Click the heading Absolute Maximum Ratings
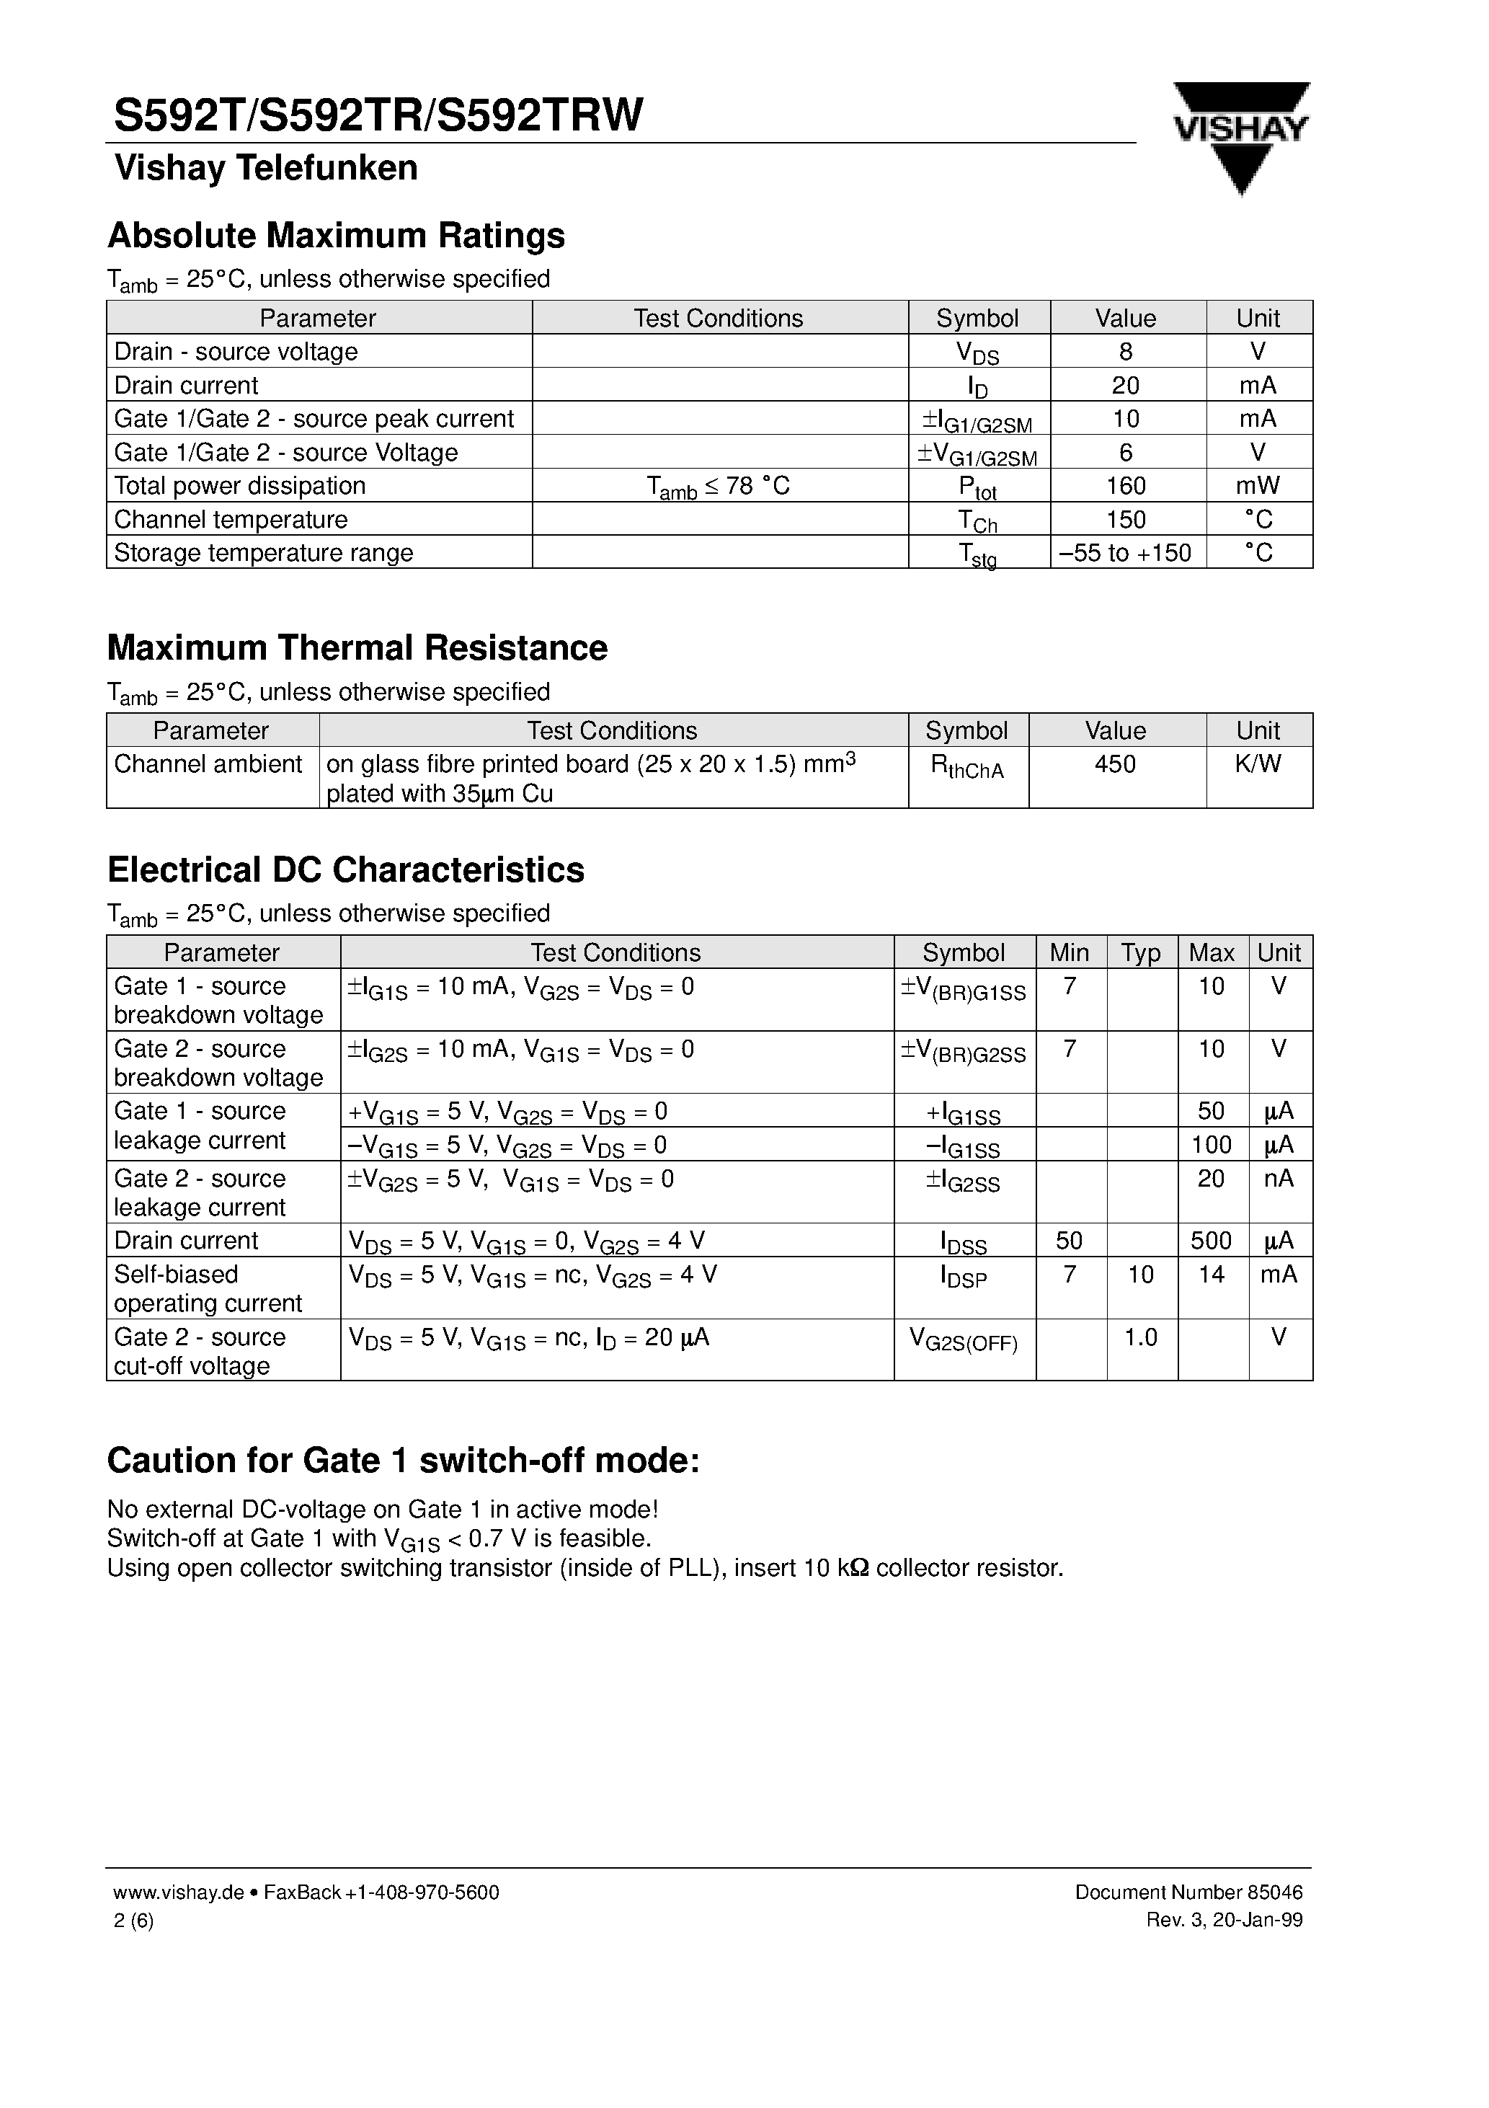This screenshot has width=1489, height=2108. (x=336, y=236)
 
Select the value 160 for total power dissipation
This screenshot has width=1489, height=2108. (x=1126, y=486)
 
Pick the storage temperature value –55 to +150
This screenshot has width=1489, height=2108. (x=1126, y=553)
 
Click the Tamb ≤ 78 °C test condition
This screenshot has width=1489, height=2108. (x=718, y=487)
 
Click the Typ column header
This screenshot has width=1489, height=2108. (x=1140, y=952)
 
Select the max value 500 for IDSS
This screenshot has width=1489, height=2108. (x=1210, y=1241)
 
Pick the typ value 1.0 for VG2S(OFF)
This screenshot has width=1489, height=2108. (x=1140, y=1338)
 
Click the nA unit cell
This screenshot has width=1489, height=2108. (x=1278, y=1178)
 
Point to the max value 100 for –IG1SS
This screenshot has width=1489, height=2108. (x=1210, y=1145)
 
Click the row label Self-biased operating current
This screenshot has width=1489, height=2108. (x=208, y=1288)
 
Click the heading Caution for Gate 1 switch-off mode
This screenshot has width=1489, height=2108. (x=403, y=1461)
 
